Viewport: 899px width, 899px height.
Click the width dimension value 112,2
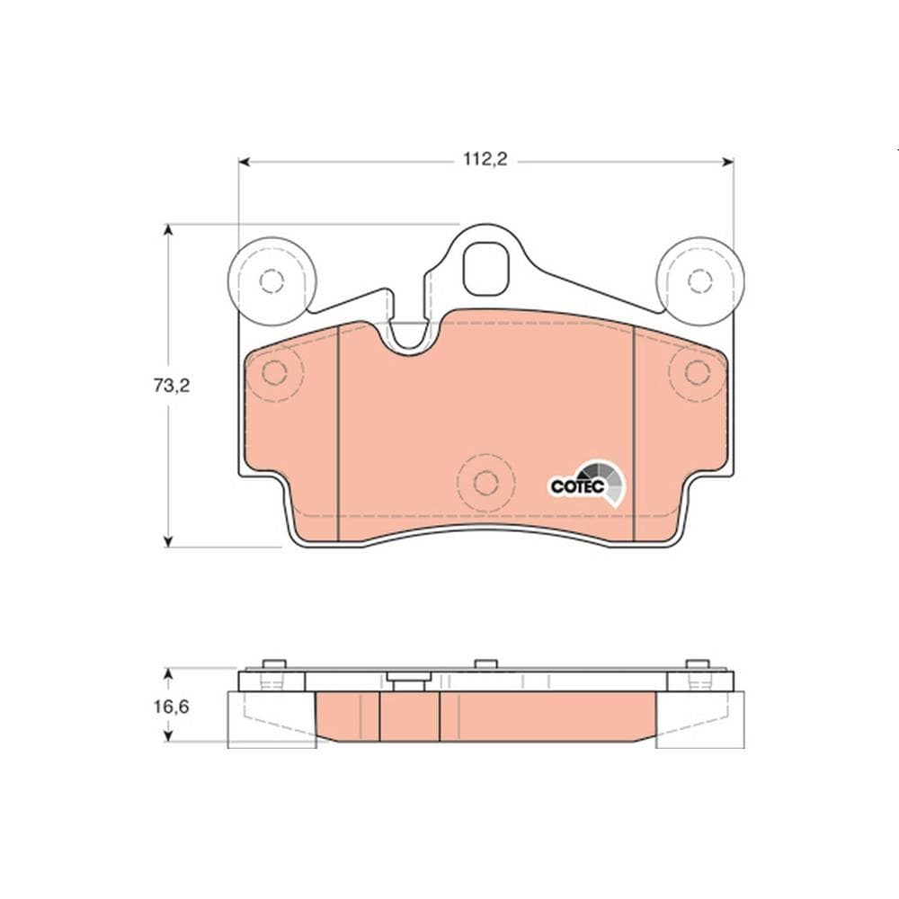tap(485, 160)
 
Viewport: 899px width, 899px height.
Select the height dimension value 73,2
tap(171, 386)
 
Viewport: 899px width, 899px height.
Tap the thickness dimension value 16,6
tap(171, 707)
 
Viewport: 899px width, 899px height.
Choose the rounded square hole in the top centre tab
tap(486, 267)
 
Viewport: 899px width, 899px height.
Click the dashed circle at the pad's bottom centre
tap(485, 484)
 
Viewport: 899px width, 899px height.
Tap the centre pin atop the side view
tap(485, 664)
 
